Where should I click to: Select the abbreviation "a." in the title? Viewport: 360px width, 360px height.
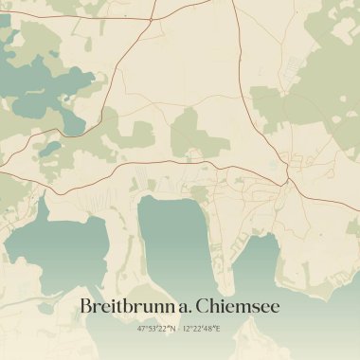click(x=179, y=307)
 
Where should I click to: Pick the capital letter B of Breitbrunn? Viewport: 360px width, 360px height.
click(x=85, y=307)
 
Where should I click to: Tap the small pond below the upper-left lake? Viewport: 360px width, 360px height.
click(x=47, y=149)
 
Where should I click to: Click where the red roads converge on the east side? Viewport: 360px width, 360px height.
click(x=285, y=175)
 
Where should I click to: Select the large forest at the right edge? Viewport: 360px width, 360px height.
click(x=332, y=95)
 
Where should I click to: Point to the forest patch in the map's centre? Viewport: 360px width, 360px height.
click(x=189, y=133)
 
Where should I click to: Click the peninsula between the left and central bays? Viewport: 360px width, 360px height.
click(x=118, y=237)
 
